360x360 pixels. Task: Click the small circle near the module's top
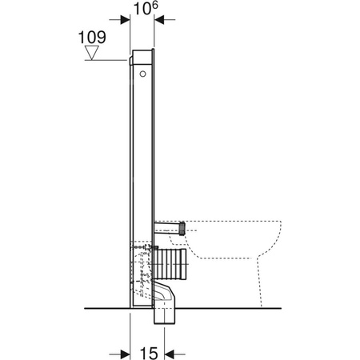(142, 73)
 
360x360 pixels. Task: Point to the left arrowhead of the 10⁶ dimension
(126, 22)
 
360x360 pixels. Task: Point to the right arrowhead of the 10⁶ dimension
(160, 22)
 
